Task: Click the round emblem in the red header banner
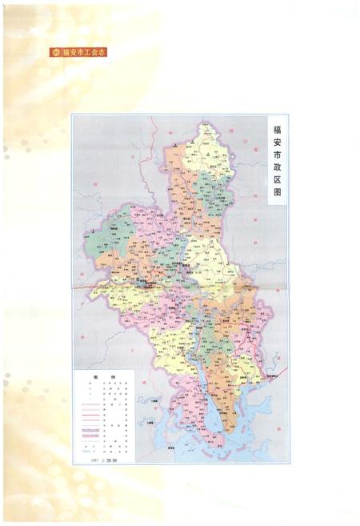tap(55, 52)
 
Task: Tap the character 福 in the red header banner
tap(66, 52)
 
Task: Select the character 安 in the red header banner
tap(73, 52)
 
